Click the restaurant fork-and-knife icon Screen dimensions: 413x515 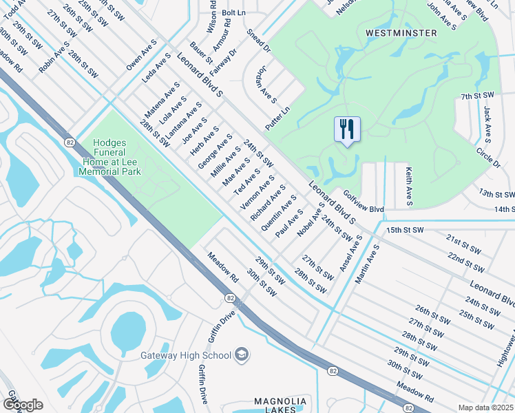point(346,129)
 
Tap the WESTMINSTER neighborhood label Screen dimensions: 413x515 point(401,32)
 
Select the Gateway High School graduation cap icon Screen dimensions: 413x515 point(242,354)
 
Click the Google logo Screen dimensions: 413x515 point(22,404)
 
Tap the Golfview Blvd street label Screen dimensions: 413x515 point(363,203)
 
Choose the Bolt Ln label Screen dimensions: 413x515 point(233,12)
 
